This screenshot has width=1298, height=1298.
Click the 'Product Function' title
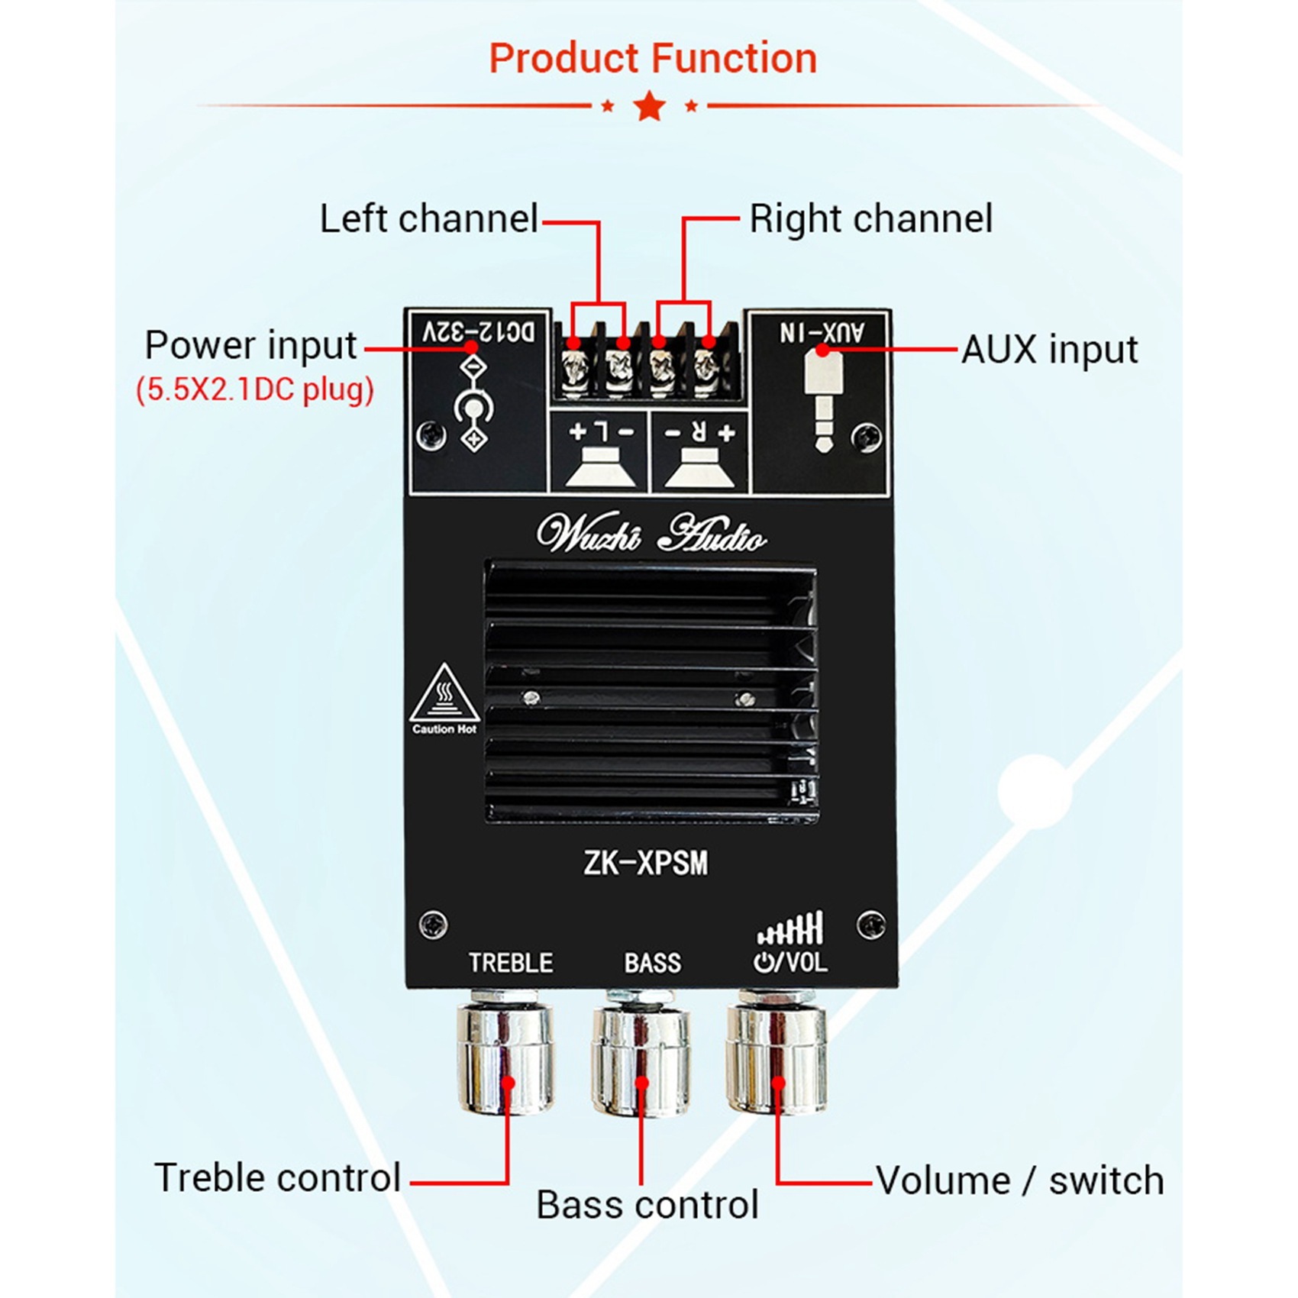(653, 59)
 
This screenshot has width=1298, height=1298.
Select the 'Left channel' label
(429, 219)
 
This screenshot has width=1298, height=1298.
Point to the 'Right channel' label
(870, 219)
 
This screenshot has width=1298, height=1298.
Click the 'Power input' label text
(250, 346)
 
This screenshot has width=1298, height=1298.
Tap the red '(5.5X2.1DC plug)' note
(255, 390)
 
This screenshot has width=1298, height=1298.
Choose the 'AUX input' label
(1049, 350)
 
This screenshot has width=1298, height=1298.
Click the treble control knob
(505, 1057)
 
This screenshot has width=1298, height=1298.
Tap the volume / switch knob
(777, 1057)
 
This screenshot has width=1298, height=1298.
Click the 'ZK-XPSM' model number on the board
(646, 864)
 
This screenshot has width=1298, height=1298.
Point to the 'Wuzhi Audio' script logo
(651, 534)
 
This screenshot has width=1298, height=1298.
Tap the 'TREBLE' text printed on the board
(511, 963)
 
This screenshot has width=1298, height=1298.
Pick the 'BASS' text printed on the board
(652, 963)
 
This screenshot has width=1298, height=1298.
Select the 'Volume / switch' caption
(1019, 1181)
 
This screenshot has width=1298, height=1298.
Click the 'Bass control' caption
(647, 1205)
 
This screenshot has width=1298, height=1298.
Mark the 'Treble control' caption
(277, 1177)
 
